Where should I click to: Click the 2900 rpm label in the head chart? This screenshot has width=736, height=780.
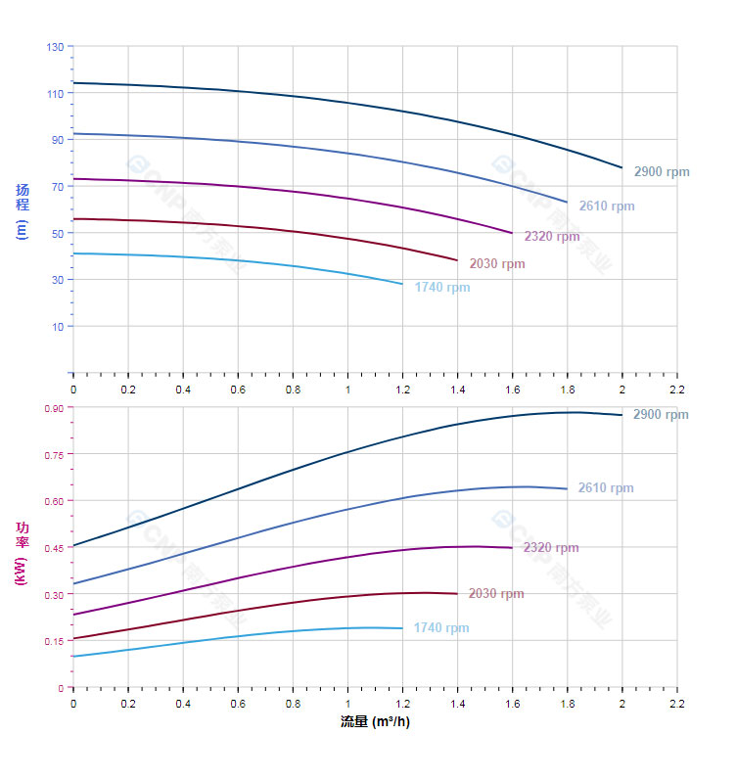[x=662, y=172]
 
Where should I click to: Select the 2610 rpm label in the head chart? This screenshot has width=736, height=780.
[x=607, y=206]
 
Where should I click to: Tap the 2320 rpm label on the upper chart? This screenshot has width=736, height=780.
[x=552, y=237]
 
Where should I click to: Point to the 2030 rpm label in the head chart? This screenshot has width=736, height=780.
[x=497, y=264]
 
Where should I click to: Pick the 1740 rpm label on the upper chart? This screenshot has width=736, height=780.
[x=442, y=288]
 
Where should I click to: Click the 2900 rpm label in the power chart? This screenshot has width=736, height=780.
[x=661, y=415]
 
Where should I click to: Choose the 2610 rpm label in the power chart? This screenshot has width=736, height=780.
[x=606, y=488]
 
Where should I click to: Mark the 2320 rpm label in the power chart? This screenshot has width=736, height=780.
[x=551, y=548]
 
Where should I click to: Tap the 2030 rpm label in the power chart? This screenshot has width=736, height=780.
[x=496, y=594]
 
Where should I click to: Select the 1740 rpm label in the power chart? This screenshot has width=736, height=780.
[x=441, y=628]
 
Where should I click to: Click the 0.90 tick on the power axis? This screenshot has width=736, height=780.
[x=53, y=408]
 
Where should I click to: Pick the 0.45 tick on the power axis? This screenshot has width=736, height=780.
[x=53, y=548]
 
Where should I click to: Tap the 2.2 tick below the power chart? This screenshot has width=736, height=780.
[x=676, y=704]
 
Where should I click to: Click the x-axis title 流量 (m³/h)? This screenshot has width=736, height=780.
[x=375, y=721]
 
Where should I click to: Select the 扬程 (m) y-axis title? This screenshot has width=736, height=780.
[x=23, y=211]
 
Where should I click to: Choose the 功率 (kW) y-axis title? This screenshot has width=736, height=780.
[x=23, y=553]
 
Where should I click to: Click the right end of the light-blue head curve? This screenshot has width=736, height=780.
[x=402, y=284]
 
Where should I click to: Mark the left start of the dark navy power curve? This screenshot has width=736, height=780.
[x=73, y=545]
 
